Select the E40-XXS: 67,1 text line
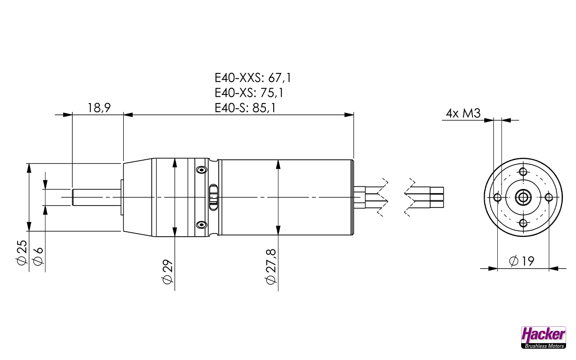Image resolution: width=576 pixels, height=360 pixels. coord(253,77)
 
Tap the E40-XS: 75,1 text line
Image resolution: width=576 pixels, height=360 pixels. coord(249,93)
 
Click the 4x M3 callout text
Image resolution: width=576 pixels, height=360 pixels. coord(463,113)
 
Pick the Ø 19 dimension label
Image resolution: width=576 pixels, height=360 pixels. coord(522,261)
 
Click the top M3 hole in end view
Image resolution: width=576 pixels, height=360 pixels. coord(523,171)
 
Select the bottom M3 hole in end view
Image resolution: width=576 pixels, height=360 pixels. coord(523,223)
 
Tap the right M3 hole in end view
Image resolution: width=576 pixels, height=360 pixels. coord(549,197)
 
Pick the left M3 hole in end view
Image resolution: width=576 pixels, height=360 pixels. coord(497,197)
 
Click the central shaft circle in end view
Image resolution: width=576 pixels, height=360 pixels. coord(523,197)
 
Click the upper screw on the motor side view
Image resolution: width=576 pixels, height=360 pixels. coord(200,170)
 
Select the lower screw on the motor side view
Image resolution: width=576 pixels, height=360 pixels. coord(200,225)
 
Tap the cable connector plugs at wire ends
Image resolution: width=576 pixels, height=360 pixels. coord(436,197)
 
